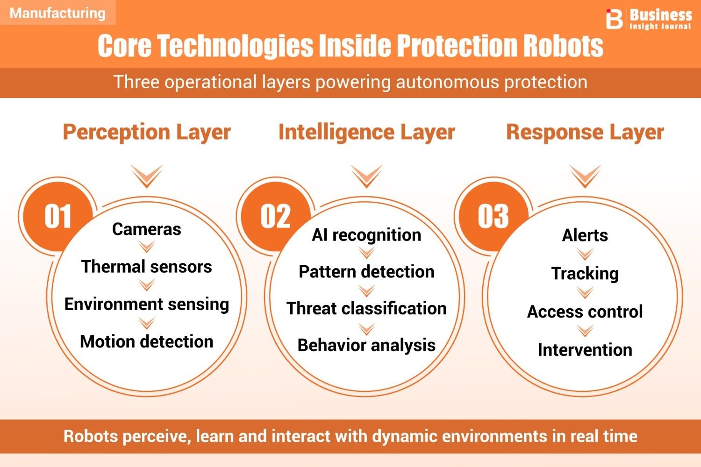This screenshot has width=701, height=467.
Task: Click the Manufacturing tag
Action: (x=57, y=13)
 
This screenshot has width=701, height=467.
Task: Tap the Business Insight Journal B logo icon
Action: (x=614, y=19)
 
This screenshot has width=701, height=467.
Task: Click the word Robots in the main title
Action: (x=563, y=46)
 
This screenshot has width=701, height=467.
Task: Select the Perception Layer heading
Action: (x=147, y=133)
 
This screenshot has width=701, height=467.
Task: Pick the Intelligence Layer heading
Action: (x=366, y=133)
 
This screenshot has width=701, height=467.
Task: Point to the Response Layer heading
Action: (x=585, y=133)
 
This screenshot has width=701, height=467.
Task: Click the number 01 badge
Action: (x=57, y=216)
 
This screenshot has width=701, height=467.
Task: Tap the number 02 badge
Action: (x=275, y=216)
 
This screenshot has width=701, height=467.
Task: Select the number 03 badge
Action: (x=493, y=216)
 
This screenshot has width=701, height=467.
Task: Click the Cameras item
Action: (x=146, y=229)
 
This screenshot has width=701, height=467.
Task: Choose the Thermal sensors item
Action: (x=146, y=267)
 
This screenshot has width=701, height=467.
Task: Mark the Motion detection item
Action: (x=146, y=341)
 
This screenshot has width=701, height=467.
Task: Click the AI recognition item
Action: (x=366, y=235)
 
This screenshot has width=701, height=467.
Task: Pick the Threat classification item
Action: (x=366, y=308)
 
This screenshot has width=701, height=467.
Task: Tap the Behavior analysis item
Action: (x=366, y=346)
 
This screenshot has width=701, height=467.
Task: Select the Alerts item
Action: (x=585, y=235)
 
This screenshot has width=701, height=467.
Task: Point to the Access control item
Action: (x=585, y=312)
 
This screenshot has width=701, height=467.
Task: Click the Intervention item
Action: (x=585, y=350)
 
